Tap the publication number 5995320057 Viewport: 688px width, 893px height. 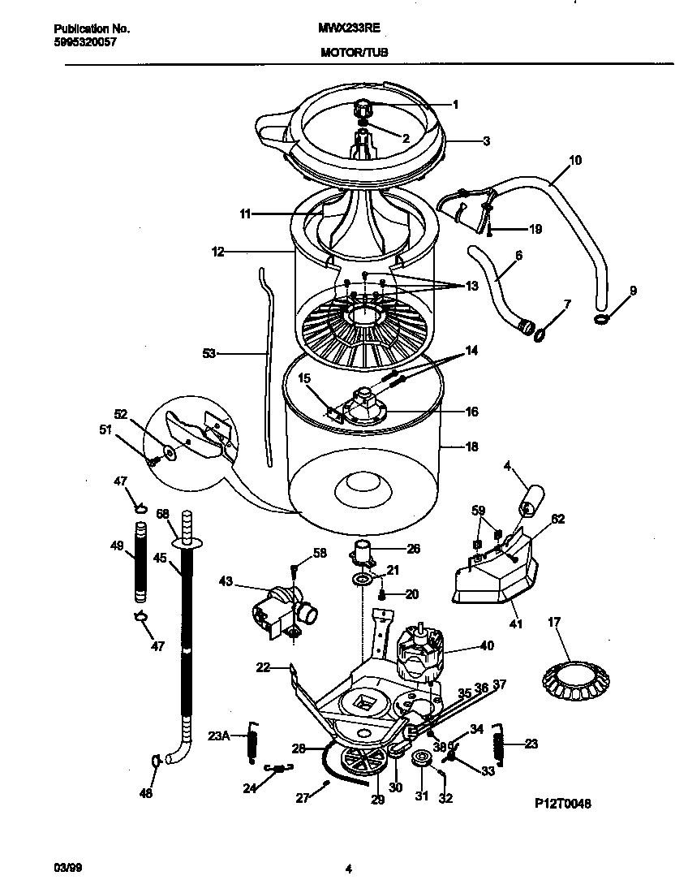pos(79,41)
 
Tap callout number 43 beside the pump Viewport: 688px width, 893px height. pos(226,580)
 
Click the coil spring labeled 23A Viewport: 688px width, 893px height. pos(252,741)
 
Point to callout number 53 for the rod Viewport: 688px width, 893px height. pos(209,353)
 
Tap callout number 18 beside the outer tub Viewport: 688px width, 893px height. pos(470,446)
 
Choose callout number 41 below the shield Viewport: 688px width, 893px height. pos(515,624)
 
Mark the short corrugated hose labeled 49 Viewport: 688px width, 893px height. pos(143,566)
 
